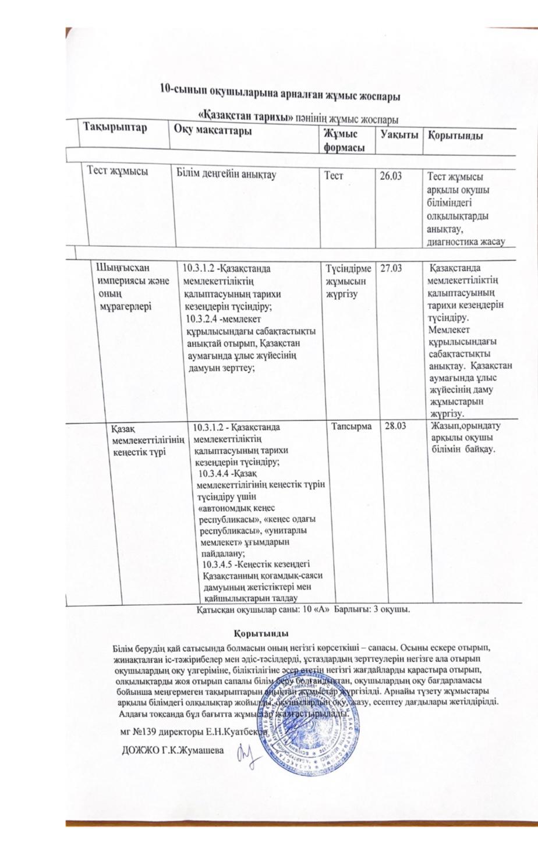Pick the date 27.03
click(392, 267)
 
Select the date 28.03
click(393, 427)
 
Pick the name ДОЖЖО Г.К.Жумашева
click(173, 751)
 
